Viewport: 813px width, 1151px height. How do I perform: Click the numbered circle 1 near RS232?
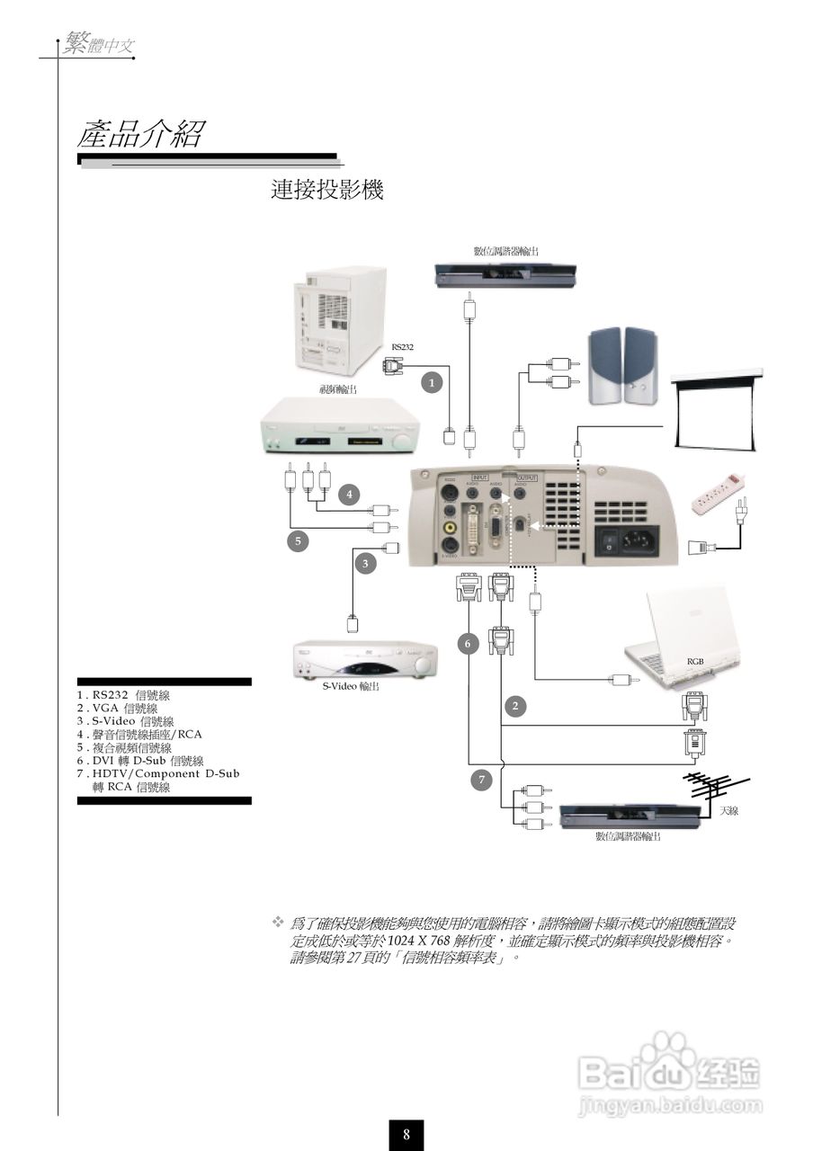[433, 382]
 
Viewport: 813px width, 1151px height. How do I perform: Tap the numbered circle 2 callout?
[514, 706]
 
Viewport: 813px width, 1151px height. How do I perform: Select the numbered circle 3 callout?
[365, 564]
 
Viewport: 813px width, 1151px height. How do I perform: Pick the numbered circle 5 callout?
[297, 540]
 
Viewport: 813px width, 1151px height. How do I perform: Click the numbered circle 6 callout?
[468, 643]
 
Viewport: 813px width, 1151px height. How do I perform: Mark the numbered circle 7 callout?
[482, 780]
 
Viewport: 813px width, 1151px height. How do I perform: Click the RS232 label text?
[402, 346]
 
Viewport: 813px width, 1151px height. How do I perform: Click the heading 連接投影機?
[327, 190]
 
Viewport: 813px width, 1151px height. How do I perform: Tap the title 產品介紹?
[140, 135]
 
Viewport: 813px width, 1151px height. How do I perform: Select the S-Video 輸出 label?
[351, 686]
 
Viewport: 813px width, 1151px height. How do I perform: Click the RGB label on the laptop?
[695, 661]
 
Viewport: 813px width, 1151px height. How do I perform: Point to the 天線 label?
[728, 811]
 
